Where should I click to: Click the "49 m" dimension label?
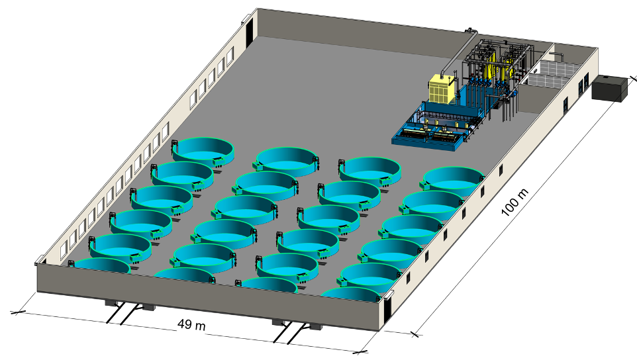[x=191, y=325]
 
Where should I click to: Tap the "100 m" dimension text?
[x=514, y=202]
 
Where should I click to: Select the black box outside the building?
[x=609, y=88]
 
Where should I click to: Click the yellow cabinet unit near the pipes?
[x=442, y=88]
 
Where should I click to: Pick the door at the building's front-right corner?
[x=387, y=308]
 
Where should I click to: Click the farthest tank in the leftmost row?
[x=203, y=151]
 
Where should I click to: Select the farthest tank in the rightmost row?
[x=454, y=180]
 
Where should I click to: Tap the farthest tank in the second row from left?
[x=287, y=161]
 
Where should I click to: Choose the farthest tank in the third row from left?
[x=370, y=170]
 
